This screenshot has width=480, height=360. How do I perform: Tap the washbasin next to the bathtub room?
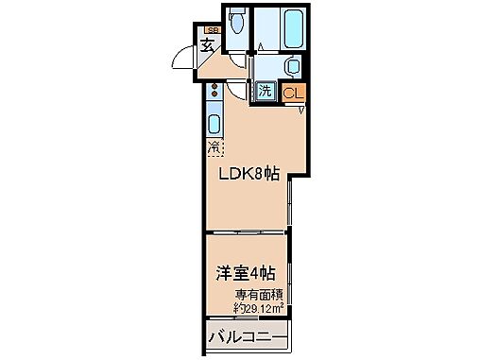294,65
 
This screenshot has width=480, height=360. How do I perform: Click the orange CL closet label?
293,94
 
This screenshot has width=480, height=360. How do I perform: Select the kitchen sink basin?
214,122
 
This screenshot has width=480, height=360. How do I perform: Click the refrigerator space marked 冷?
214,147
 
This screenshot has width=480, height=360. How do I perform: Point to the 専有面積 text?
255,294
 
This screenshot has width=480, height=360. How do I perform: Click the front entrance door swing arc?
181,61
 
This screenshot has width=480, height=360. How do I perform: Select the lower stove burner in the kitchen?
214,97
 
